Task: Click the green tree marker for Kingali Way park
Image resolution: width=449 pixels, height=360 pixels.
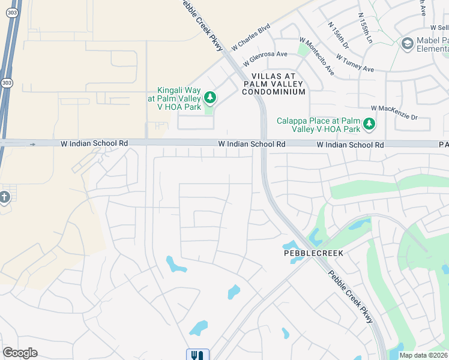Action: click(x=209, y=97)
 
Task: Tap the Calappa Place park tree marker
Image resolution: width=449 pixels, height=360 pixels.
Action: click(x=369, y=124)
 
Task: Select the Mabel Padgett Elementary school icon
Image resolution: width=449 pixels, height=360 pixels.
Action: click(x=408, y=43)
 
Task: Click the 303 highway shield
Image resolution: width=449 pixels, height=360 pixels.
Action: click(x=6, y=83)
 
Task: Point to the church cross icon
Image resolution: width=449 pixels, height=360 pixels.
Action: click(x=4, y=197)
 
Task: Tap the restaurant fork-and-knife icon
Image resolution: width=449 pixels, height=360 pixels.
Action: click(x=197, y=355)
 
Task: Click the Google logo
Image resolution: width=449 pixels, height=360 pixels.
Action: click(x=20, y=353)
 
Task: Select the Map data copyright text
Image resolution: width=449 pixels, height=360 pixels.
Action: click(x=424, y=355)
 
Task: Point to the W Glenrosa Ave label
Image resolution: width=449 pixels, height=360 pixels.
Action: click(x=265, y=59)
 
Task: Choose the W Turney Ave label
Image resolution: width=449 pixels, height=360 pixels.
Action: click(x=355, y=64)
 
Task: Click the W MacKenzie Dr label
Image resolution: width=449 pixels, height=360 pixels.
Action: click(x=394, y=112)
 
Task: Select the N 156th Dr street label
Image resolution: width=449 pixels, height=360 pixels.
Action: click(x=339, y=36)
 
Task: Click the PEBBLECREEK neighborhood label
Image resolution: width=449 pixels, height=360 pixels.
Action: click(x=313, y=253)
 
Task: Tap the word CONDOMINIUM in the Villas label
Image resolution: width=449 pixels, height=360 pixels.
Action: click(x=273, y=92)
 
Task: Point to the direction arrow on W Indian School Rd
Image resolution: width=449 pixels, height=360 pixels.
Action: click(x=33, y=144)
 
